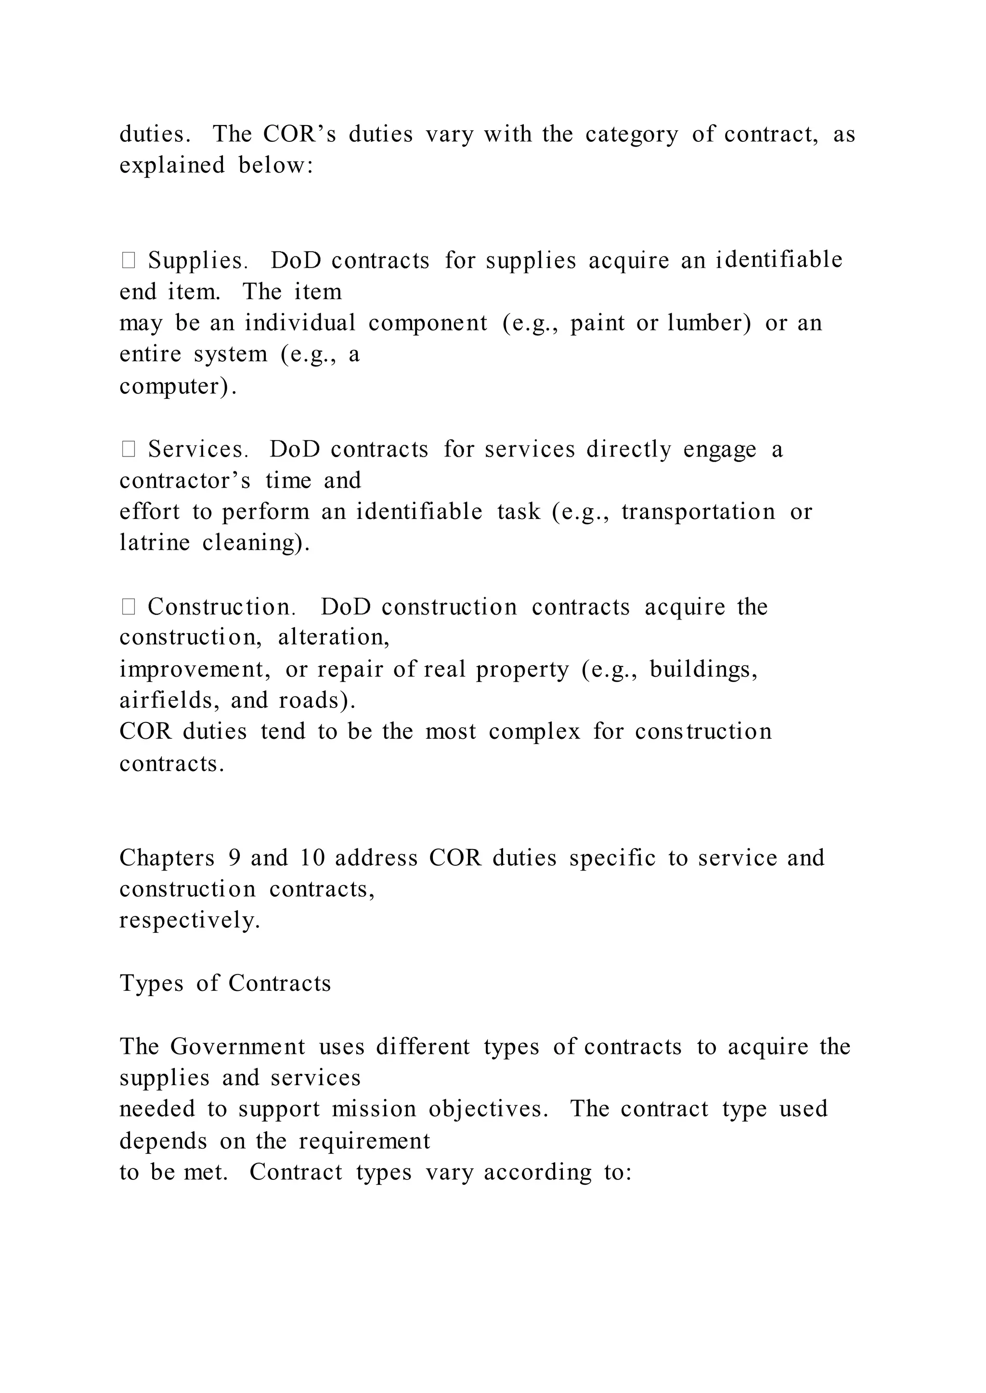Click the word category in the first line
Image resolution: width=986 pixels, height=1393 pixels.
pos(632,134)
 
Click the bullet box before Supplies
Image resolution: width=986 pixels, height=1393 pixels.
pos(128,261)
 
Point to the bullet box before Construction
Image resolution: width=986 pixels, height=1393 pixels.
pos(128,607)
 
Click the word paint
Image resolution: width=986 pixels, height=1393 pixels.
pos(597,323)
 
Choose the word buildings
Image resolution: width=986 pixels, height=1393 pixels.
pos(703,669)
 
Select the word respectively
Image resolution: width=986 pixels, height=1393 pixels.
pos(189,920)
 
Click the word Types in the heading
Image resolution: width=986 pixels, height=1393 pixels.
pos(151,984)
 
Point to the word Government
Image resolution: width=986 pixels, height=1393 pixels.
pos(237,1047)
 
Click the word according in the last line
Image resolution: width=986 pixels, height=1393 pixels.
pos(537,1172)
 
